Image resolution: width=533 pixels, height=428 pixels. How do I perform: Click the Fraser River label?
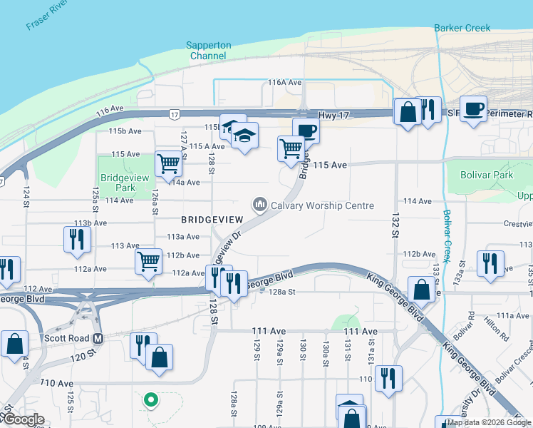[51, 15]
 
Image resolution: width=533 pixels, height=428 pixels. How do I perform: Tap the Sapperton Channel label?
[209, 50]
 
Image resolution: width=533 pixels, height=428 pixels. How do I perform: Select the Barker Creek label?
[462, 28]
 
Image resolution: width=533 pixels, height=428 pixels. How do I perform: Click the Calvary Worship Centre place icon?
[260, 205]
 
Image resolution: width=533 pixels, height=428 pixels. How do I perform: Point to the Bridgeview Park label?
[118, 183]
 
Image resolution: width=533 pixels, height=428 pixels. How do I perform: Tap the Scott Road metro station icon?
[99, 337]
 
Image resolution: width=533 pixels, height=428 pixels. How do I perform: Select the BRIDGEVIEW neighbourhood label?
[212, 220]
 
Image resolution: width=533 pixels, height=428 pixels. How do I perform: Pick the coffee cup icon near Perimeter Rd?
[473, 109]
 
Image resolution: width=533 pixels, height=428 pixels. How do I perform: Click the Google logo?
[24, 419]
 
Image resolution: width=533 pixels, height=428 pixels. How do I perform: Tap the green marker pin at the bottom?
[150, 401]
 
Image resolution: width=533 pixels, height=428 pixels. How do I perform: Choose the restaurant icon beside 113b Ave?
[76, 239]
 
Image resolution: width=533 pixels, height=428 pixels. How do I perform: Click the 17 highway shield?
[174, 114]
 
